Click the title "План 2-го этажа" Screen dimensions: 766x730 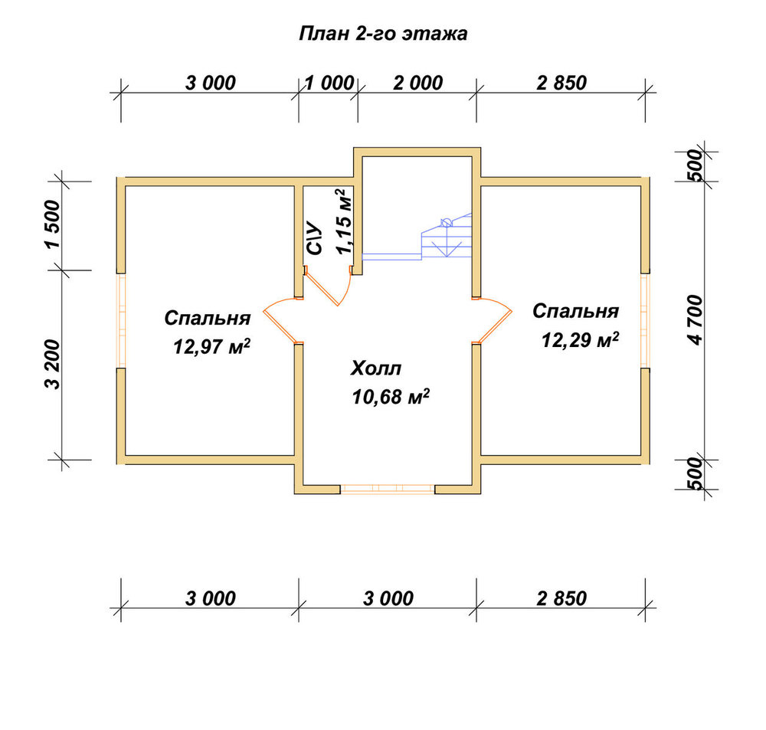tap(383, 34)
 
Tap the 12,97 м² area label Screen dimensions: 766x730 tap(212, 347)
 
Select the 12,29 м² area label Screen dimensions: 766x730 tap(580, 339)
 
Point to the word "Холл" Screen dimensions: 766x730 tap(375, 368)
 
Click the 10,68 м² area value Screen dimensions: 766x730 tap(391, 397)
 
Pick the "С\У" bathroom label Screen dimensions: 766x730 tap(315, 238)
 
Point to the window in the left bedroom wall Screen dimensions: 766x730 tap(121, 320)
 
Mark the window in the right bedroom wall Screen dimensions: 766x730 tap(645, 320)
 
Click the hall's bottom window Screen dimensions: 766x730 tap(388, 489)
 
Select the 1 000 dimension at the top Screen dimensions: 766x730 tap(329, 83)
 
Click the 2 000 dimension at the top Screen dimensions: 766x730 tap(417, 83)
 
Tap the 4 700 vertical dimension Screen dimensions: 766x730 tap(696, 320)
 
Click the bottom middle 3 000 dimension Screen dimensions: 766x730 tap(388, 598)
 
